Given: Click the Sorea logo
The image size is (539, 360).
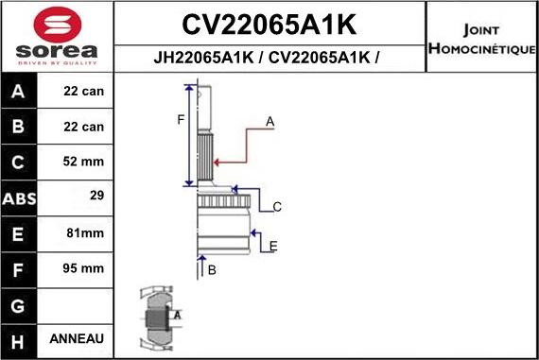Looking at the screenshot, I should point(57,36).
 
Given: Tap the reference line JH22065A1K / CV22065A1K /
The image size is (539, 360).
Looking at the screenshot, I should point(269,57).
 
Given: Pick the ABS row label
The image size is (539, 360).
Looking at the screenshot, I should point(19,199).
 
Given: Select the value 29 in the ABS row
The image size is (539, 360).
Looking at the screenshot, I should point(96,197).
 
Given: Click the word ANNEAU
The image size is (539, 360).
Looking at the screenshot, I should point(84,338).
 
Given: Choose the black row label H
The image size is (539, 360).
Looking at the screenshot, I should point(19,339).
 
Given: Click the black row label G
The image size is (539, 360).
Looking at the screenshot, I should point(19,304).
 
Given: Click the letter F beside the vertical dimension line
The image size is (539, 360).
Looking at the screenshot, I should point(181,119).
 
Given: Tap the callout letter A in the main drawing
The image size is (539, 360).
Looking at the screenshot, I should point(269,121).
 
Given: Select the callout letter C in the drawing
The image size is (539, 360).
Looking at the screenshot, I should point(277,206).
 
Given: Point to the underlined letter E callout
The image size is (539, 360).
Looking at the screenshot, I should point(273,247).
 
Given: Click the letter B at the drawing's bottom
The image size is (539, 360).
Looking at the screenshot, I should point(212,270).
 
